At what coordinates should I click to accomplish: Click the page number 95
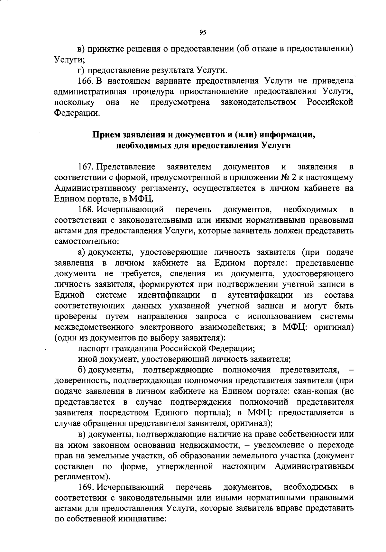pos(202,32)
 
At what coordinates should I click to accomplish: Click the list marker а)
pos(82,253)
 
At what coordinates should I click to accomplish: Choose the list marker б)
pos(82,370)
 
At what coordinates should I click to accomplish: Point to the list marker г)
pos(81,70)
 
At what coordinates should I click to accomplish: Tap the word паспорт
pos(94,349)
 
